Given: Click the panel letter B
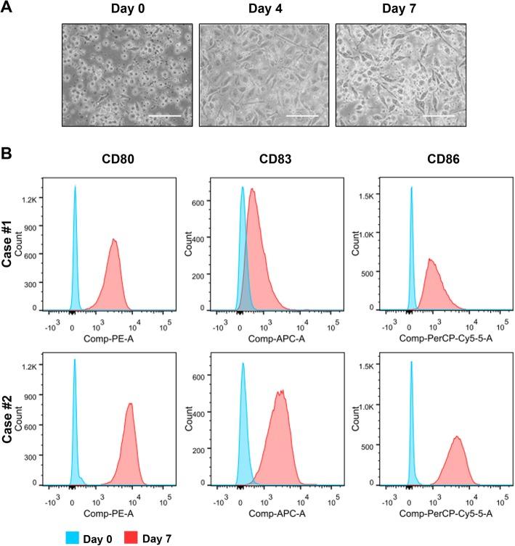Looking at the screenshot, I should coord(7,154).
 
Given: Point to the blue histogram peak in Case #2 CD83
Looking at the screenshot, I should coord(243,364).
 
